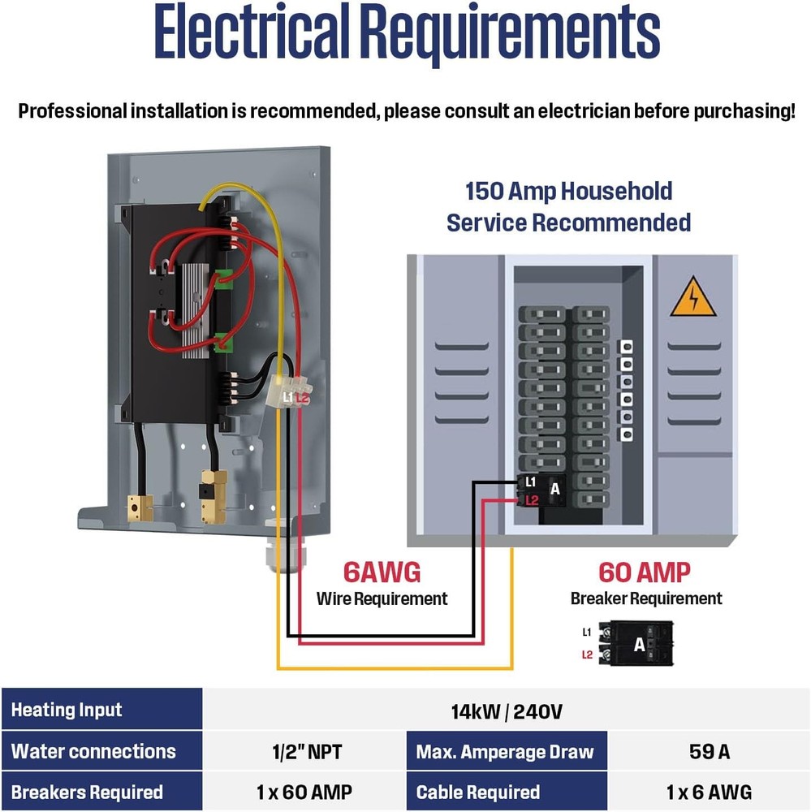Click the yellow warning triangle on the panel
[x=692, y=298]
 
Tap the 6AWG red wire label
[x=382, y=572]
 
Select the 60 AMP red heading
[x=645, y=572]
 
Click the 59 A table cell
[x=709, y=751]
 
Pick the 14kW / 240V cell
[x=506, y=711]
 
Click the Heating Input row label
[x=67, y=710]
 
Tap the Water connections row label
[x=93, y=751]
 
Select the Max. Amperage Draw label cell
[x=505, y=751]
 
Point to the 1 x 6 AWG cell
[x=709, y=792]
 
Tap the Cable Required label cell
[x=478, y=792]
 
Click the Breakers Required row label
[x=87, y=792]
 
